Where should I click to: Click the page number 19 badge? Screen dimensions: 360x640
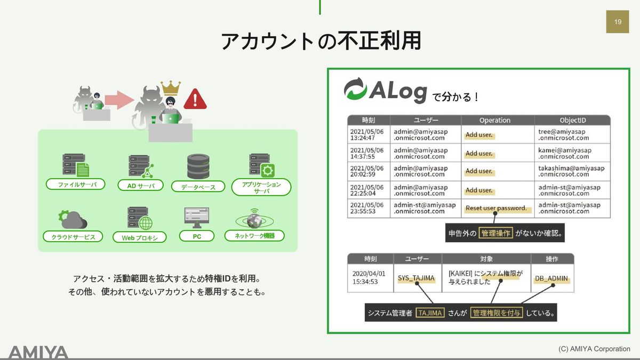(618, 22)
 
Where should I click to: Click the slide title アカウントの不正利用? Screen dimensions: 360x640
(321, 41)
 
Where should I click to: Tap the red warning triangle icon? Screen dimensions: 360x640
(195, 99)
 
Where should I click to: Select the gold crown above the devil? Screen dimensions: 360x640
(170, 87)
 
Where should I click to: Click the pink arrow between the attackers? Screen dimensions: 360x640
(118, 99)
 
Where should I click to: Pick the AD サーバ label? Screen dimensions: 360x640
(141, 186)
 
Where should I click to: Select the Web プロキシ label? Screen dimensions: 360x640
(140, 237)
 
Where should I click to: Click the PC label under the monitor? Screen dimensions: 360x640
(197, 236)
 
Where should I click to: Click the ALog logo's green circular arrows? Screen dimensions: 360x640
(355, 89)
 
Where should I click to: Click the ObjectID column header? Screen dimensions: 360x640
(572, 120)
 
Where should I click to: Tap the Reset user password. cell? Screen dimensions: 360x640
(496, 208)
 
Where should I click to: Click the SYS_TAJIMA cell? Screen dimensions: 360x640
(416, 278)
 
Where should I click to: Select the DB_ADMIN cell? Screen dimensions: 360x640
(551, 278)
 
